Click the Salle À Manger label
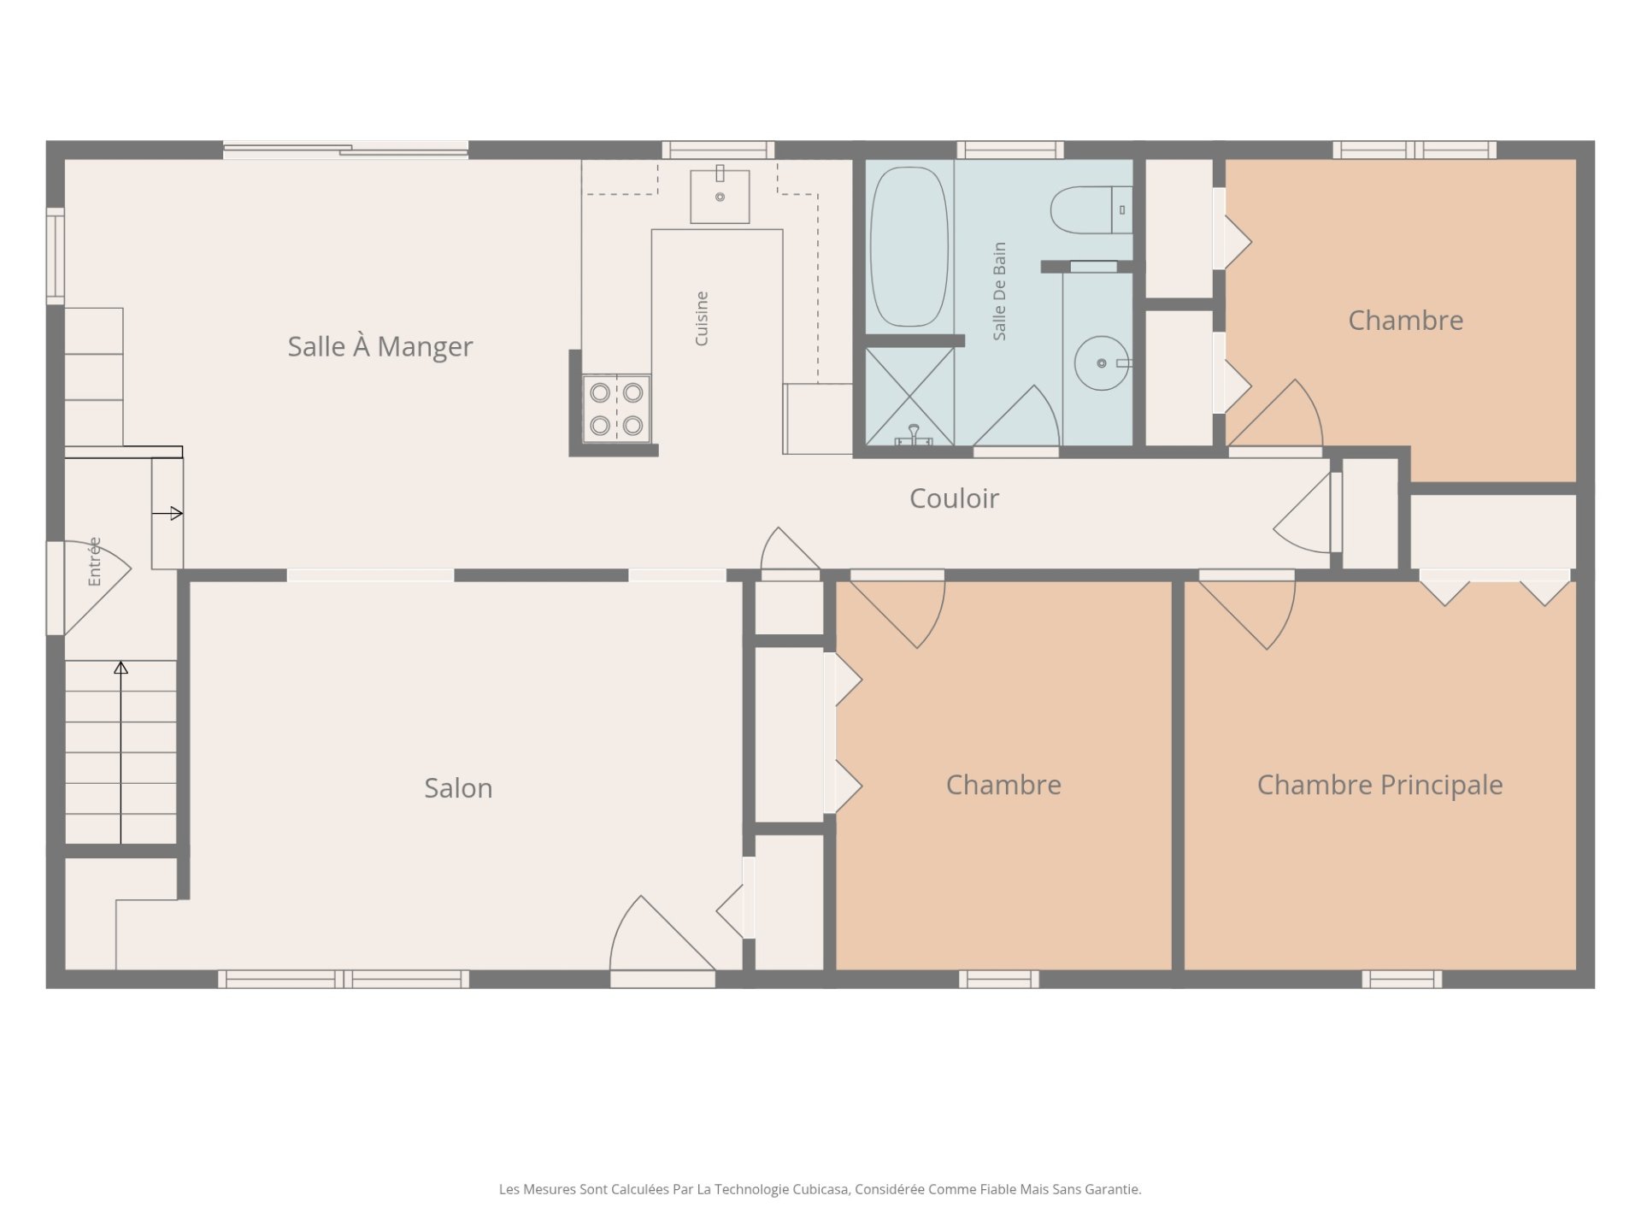tap(379, 346)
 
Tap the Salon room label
tap(458, 787)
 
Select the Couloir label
tap(954, 498)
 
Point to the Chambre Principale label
tap(1379, 785)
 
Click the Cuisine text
tap(702, 319)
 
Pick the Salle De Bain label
tap(999, 292)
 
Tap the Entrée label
tap(94, 562)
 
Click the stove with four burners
tap(616, 409)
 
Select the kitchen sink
tap(720, 196)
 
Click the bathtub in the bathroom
tap(909, 246)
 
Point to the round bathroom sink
tap(1102, 363)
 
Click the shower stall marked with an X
tap(909, 396)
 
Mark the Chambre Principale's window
tap(1402, 979)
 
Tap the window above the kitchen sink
tap(718, 150)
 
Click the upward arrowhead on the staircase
tap(121, 668)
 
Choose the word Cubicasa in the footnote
tap(820, 1189)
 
